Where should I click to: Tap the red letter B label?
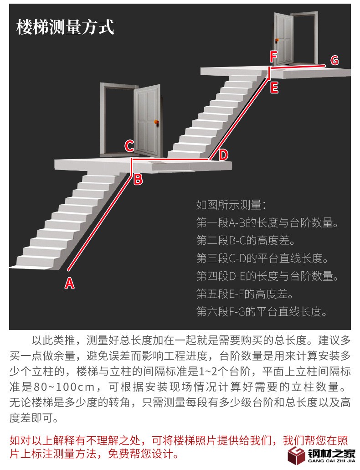coord(138,179)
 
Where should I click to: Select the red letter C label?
coord(129,146)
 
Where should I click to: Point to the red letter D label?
coord(223,155)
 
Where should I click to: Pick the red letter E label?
coord(274,88)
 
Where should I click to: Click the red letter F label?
coord(273,57)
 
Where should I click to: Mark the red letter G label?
coord(334,60)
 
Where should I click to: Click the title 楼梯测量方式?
coord(65,27)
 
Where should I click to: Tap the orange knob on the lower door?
coord(156,122)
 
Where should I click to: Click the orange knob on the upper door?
coord(276,39)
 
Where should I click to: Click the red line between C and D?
coord(171,160)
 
